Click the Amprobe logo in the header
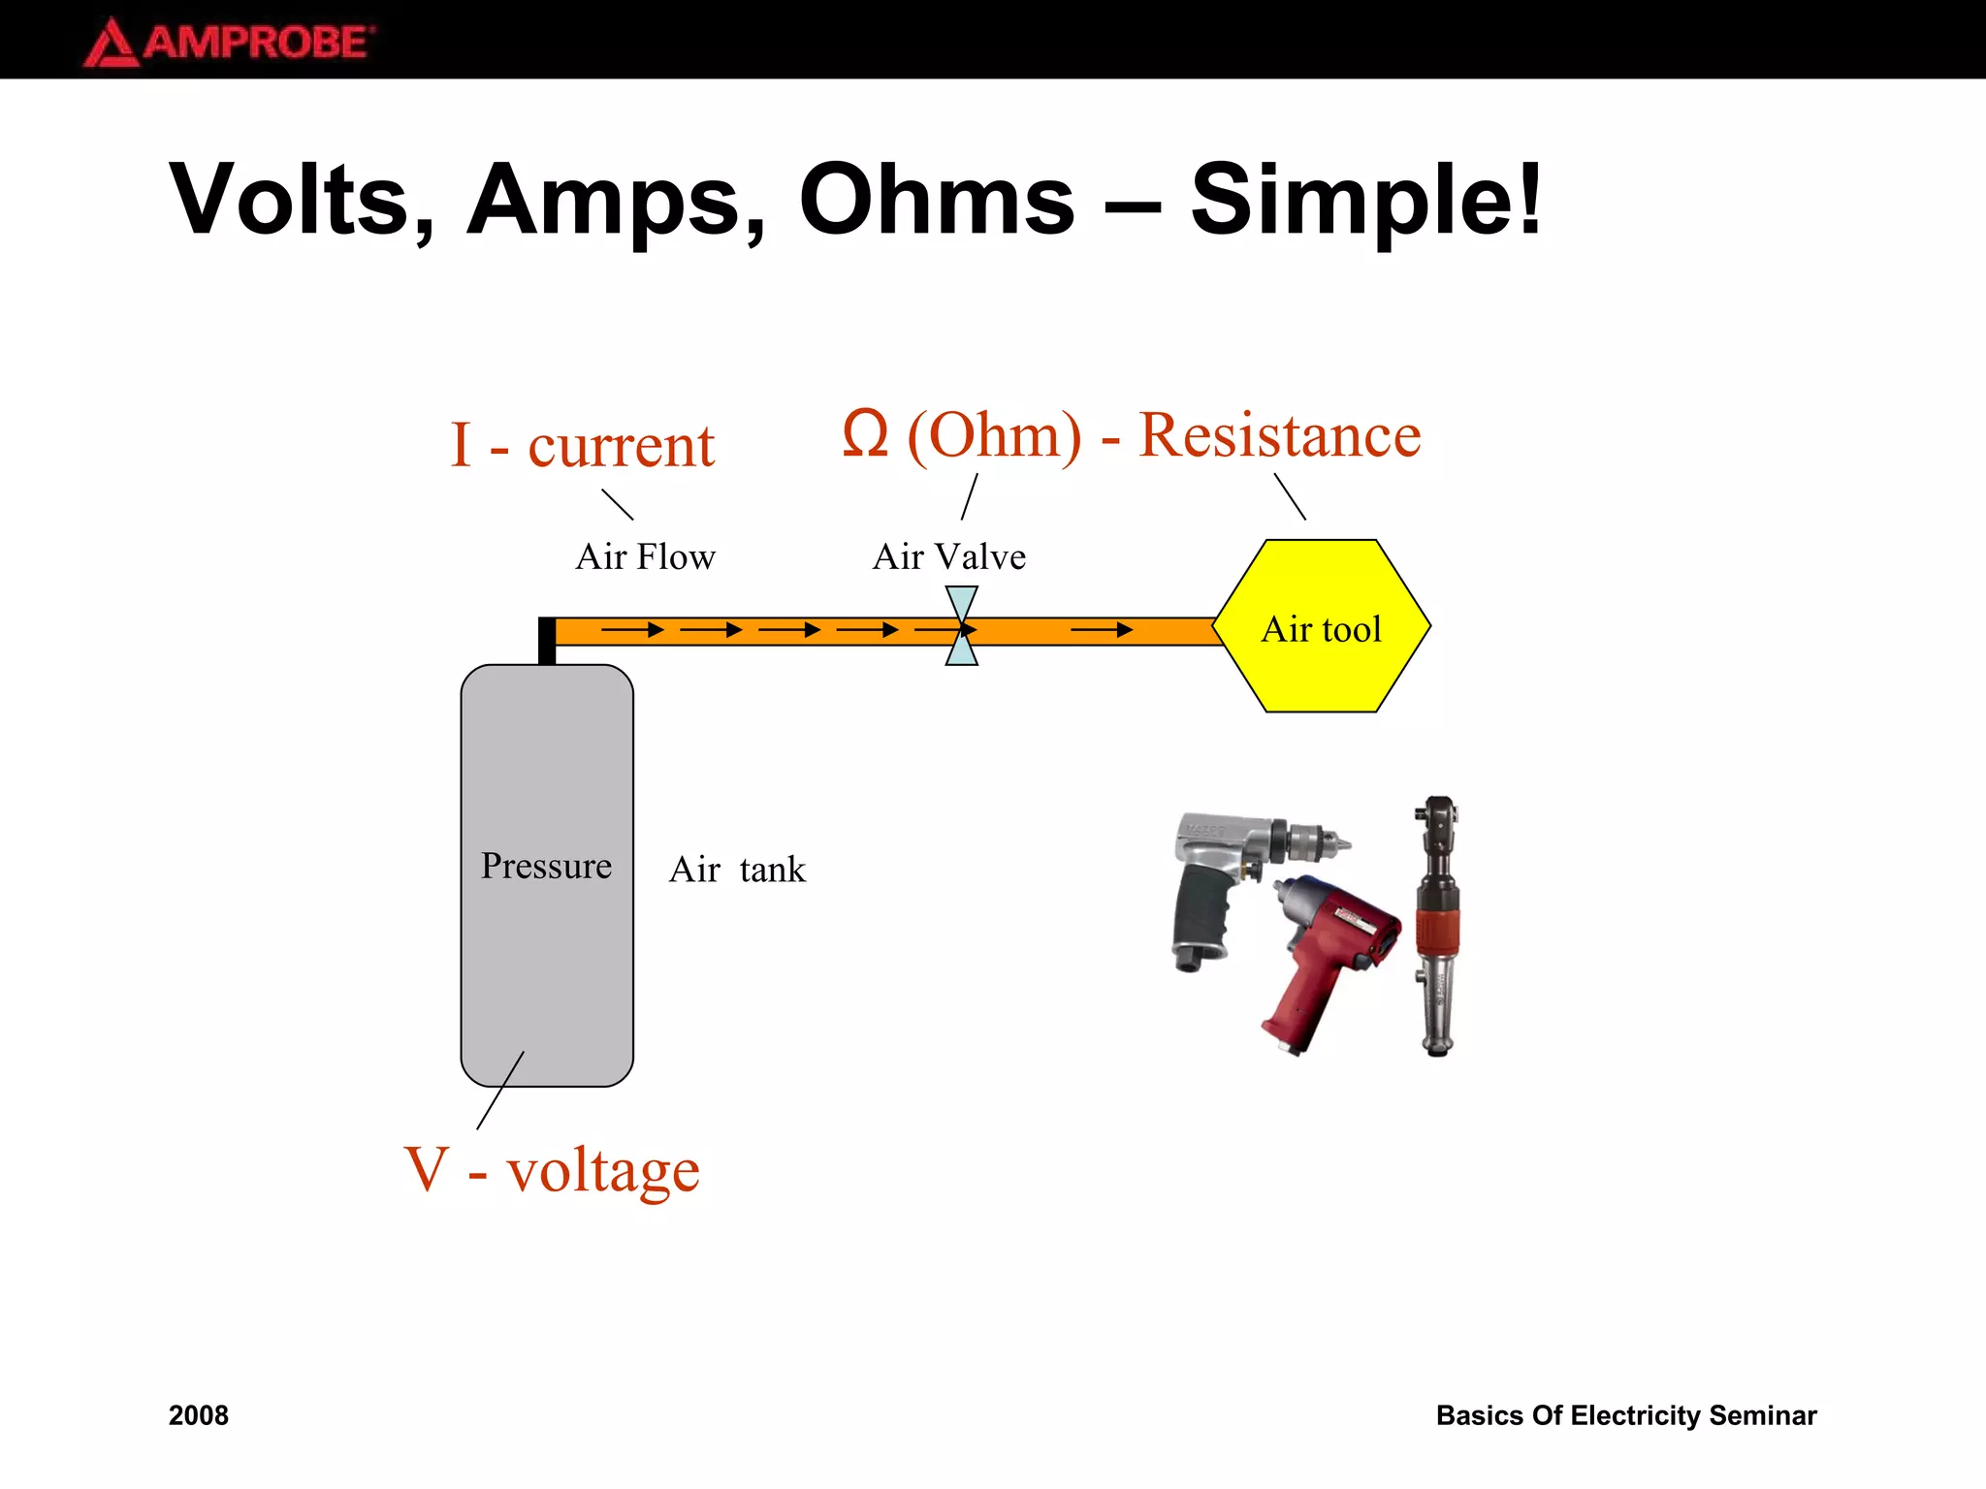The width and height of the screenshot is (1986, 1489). click(229, 43)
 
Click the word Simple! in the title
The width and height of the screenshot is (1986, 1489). click(1365, 201)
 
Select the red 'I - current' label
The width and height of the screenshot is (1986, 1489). click(582, 446)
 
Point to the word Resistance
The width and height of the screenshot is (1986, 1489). click(1279, 434)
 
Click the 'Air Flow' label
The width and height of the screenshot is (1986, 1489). click(645, 557)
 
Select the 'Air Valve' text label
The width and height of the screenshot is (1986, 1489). click(948, 557)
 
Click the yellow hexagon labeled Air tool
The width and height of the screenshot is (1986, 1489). click(1321, 669)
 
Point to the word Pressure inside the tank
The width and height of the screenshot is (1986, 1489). click(546, 866)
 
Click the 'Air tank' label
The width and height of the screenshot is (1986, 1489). click(737, 870)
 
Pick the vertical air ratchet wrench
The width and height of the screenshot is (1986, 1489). click(1436, 926)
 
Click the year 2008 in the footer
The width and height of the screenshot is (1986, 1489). click(199, 1415)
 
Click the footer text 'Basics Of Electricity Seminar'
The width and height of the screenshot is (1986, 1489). click(1625, 1415)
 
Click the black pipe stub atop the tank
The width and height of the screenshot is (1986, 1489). click(547, 641)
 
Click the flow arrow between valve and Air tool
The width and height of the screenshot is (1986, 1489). click(1101, 630)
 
